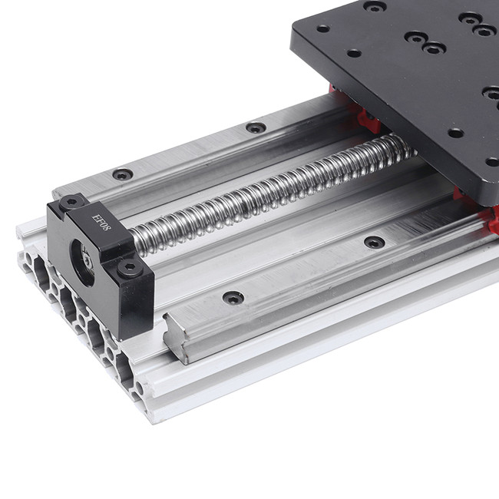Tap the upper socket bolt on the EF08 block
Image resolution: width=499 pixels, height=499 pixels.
71,202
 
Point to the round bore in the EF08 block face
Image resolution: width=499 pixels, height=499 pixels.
82,263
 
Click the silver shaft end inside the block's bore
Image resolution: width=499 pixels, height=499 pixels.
88,261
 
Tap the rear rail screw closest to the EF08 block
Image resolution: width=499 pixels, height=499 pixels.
123,174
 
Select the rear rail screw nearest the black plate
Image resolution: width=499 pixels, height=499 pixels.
256,127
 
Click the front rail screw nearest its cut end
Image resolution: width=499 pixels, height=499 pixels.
233,298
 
